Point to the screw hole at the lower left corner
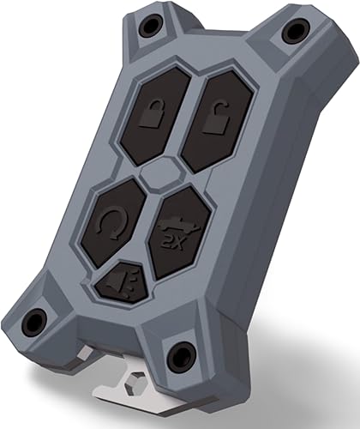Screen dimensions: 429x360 pyautogui.click(x=33, y=322)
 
